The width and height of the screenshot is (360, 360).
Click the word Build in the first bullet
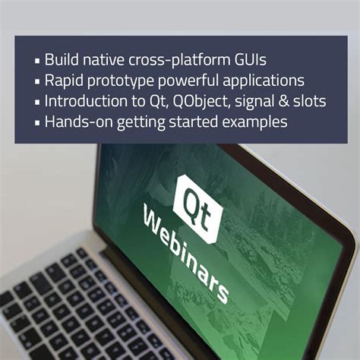click(x=62, y=59)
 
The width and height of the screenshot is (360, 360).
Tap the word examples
click(x=256, y=122)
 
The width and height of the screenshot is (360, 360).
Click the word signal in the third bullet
click(x=256, y=101)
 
